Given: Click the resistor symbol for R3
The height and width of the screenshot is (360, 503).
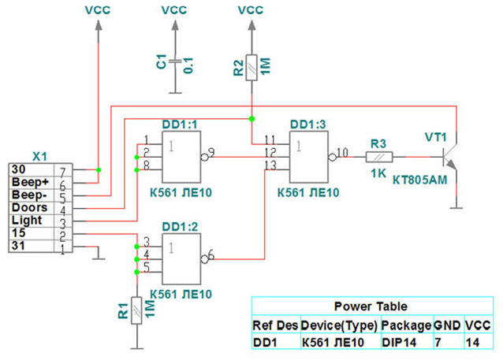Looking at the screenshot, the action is click(379, 157).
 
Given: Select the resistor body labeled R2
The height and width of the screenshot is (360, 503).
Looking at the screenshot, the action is click(251, 68).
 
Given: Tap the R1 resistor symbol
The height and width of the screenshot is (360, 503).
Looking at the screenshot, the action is click(136, 310).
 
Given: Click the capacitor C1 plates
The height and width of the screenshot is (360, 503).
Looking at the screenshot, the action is click(175, 61).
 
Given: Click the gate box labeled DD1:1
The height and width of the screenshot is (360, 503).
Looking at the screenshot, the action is click(181, 157).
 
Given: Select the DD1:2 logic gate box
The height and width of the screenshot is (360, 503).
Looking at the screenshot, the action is click(181, 258).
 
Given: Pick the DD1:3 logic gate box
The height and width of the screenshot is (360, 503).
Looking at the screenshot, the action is click(309, 157).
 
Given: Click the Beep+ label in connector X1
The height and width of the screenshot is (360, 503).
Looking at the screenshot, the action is click(30, 182).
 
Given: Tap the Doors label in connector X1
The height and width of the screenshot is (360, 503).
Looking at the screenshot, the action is click(29, 207).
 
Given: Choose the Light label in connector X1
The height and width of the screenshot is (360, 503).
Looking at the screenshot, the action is click(27, 221).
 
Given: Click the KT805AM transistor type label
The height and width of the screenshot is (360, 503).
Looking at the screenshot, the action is click(420, 180).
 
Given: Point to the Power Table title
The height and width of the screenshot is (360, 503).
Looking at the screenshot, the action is click(371, 306).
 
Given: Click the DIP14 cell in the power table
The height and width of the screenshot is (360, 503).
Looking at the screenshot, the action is click(399, 343).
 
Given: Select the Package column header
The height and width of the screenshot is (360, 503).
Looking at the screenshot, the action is click(406, 325).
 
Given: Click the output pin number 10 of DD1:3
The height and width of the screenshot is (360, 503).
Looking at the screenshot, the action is click(343, 153).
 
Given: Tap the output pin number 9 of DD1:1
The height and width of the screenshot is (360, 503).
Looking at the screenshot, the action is click(211, 152).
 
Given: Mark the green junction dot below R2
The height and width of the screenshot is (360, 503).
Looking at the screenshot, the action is click(251, 119).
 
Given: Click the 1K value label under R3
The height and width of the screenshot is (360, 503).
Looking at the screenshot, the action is click(378, 173).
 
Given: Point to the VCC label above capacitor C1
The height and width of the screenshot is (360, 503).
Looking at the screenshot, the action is click(174, 10).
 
